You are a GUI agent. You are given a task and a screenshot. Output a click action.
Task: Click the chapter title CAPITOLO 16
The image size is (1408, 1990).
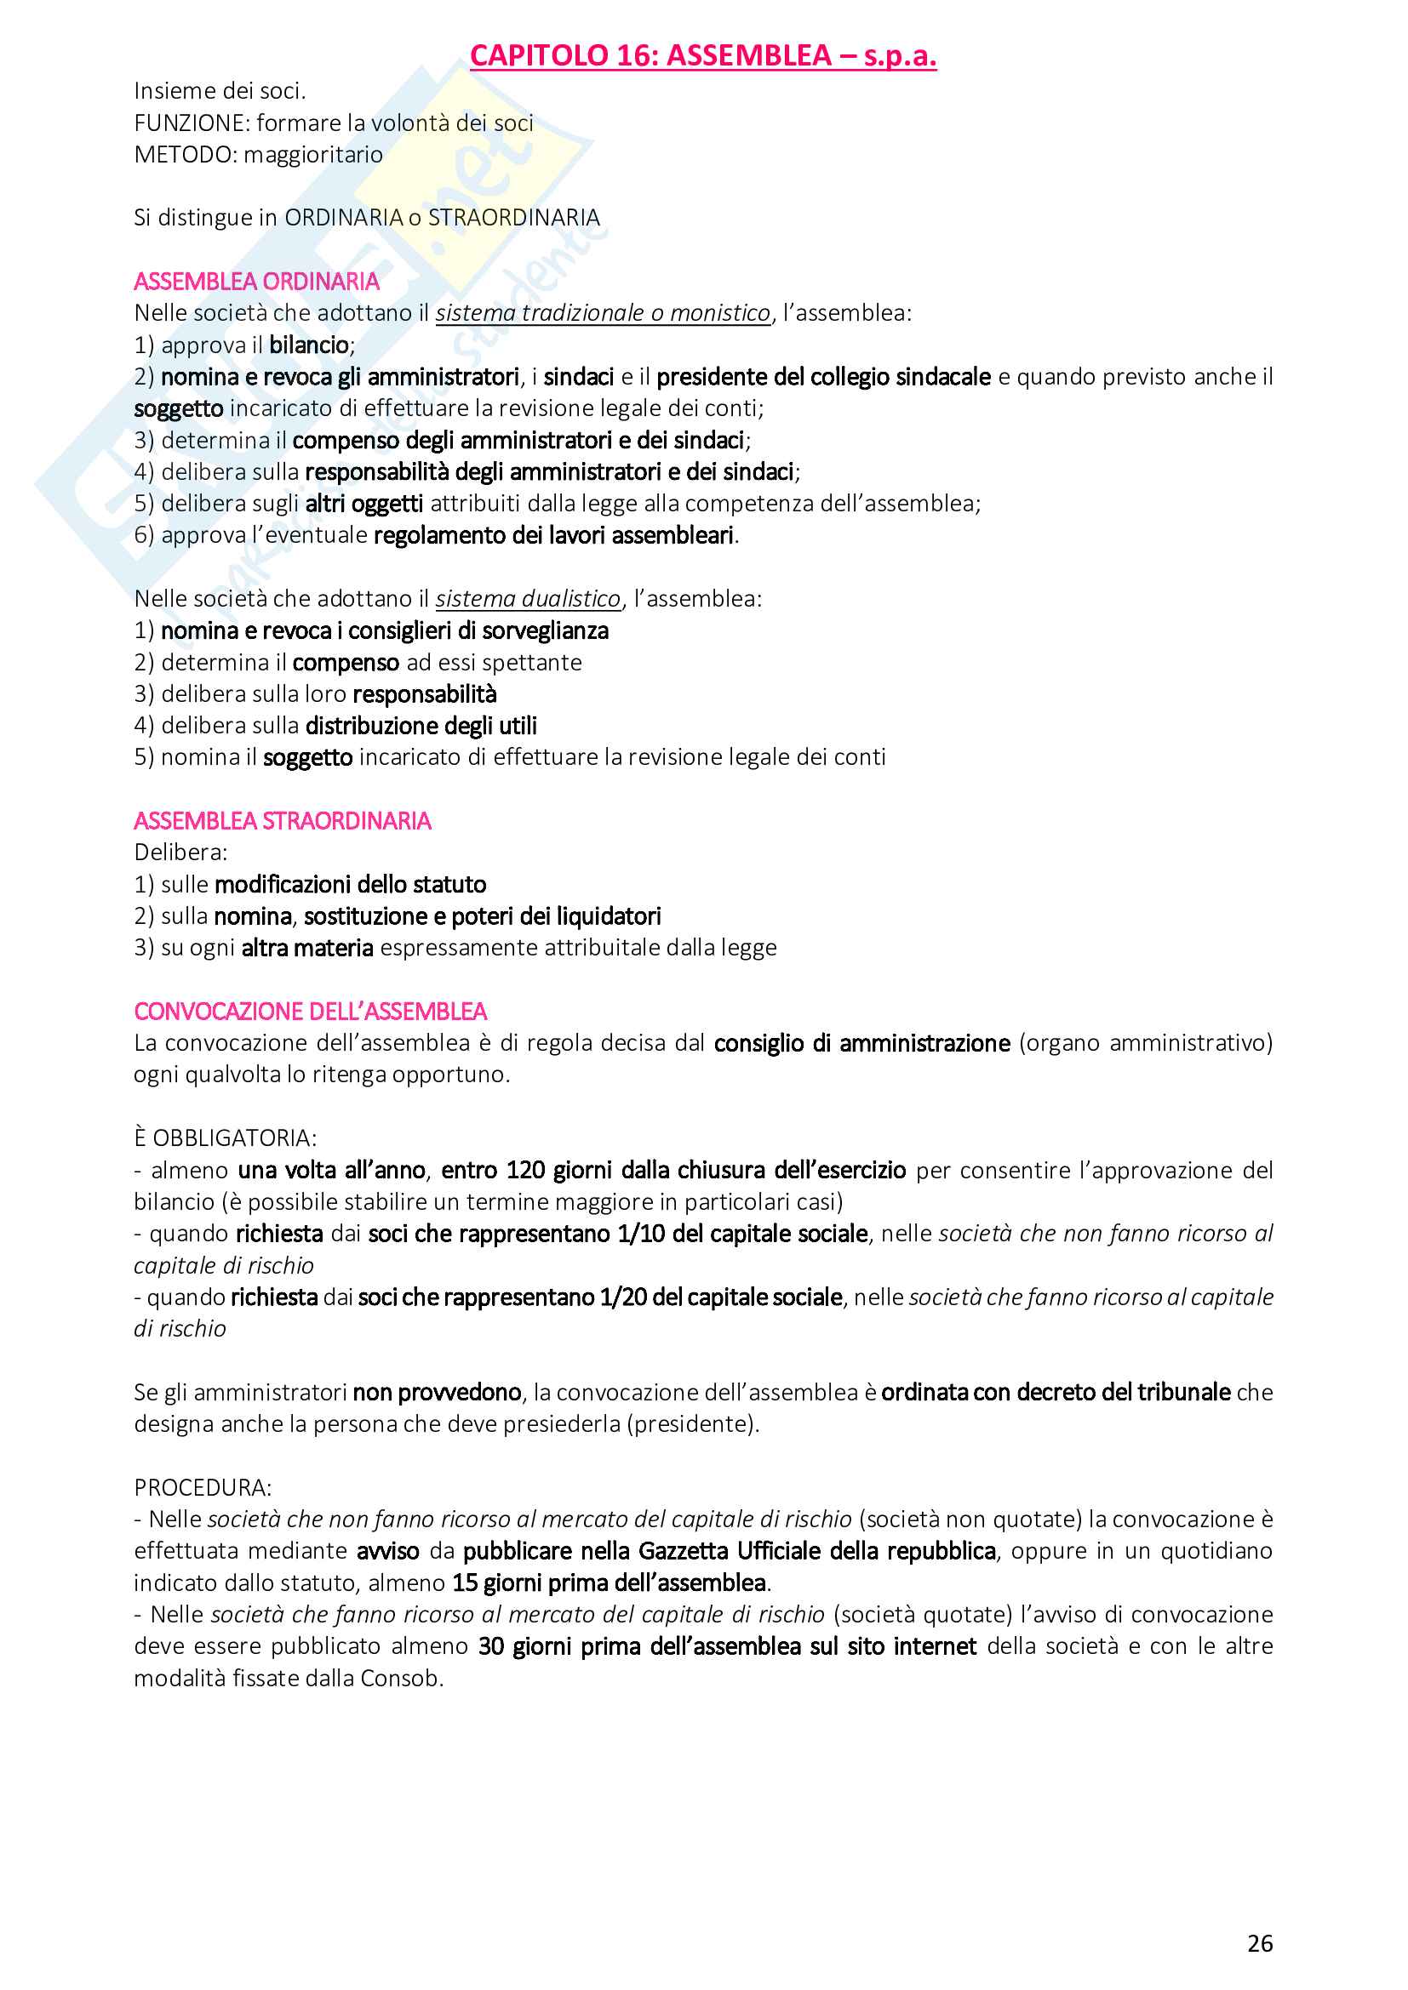[702, 55]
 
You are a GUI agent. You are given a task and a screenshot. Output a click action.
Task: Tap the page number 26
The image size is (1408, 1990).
[1260, 1943]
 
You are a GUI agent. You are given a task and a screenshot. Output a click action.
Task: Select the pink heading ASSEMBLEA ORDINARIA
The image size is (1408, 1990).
[256, 282]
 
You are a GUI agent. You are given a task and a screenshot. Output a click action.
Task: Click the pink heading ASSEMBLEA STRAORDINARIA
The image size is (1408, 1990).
[282, 821]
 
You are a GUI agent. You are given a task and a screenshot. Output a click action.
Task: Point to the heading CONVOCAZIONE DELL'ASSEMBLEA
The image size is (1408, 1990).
[311, 1012]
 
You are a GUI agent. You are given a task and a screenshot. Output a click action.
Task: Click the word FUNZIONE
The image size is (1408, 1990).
[191, 123]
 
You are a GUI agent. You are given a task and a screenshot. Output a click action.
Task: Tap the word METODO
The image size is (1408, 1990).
[185, 155]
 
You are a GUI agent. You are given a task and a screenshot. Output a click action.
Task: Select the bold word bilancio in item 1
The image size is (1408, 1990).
[309, 345]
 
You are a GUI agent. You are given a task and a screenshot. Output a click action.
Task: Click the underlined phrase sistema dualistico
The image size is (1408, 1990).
[528, 599]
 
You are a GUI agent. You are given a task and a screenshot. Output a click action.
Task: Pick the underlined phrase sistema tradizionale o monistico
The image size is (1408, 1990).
[603, 313]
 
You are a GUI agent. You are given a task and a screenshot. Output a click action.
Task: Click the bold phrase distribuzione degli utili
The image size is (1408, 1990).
[421, 726]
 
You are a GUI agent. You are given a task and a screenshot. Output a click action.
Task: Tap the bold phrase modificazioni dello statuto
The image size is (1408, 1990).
[350, 884]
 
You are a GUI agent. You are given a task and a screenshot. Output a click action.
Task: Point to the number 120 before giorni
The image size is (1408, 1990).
[525, 1170]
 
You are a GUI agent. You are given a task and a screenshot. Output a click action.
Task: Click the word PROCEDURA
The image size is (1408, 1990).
[202, 1487]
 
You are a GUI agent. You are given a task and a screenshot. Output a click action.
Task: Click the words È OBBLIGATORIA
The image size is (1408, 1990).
[226, 1138]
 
